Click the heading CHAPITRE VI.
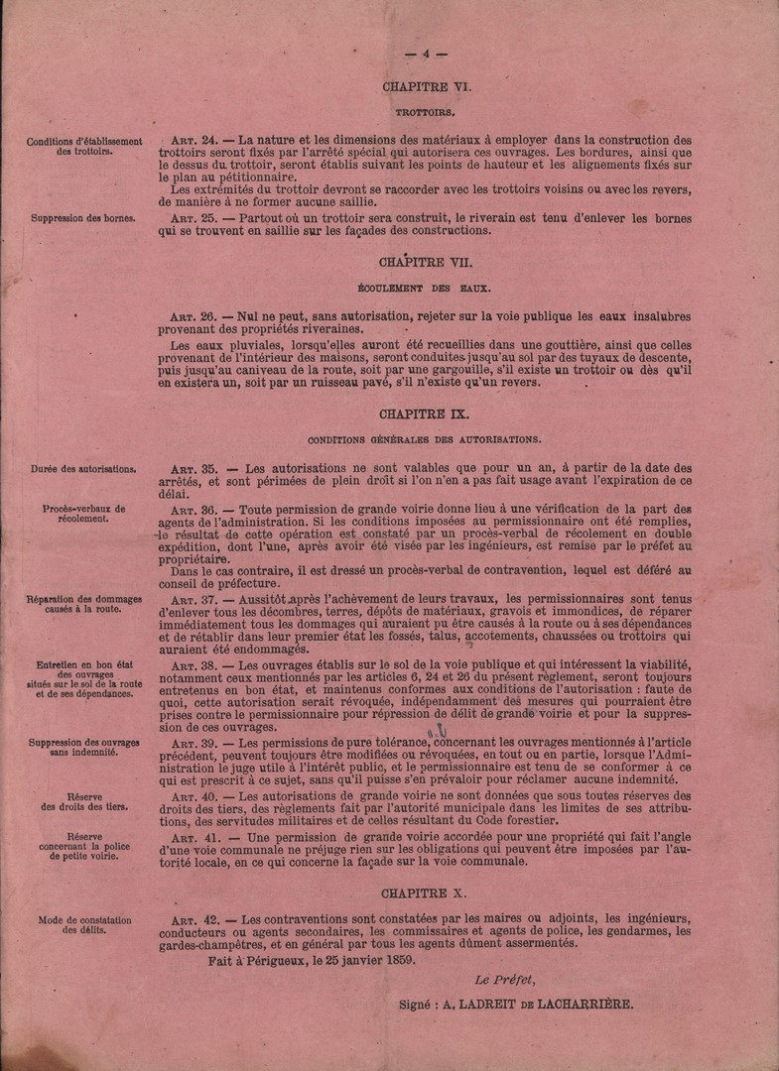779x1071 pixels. tap(427, 86)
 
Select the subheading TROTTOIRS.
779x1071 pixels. tap(426, 114)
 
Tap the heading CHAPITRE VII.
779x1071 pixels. tap(427, 263)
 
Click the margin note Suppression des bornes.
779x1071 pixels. tap(83, 216)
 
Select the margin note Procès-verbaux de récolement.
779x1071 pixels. tap(83, 513)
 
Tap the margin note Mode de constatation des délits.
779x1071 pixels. tap(83, 924)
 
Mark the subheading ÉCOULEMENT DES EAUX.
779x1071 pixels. tap(426, 289)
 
